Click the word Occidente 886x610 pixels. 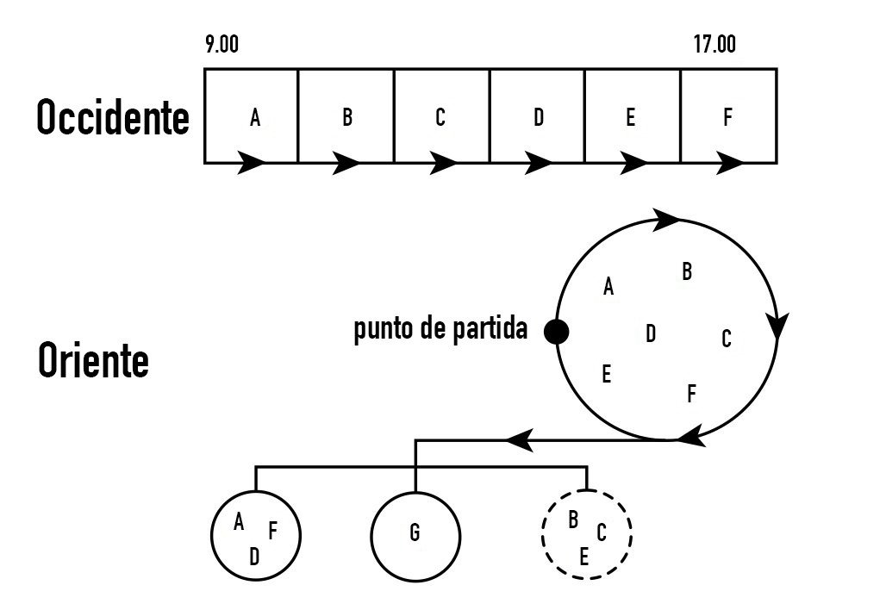112,118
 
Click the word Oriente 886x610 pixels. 93,361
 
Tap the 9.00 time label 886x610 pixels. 221,46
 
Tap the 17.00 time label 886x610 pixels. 714,46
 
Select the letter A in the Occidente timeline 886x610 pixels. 255,118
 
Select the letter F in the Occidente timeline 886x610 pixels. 727,118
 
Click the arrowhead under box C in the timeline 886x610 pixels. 442,162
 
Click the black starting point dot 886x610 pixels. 557,331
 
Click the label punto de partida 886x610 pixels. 440,331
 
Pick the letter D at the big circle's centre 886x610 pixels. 651,333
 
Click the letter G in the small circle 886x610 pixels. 415,533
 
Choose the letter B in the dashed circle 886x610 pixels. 572,520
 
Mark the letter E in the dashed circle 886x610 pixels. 583,557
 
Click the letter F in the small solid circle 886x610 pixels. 272,531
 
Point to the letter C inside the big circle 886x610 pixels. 726,339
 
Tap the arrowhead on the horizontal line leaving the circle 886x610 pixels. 520,440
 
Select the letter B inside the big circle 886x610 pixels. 686,272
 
